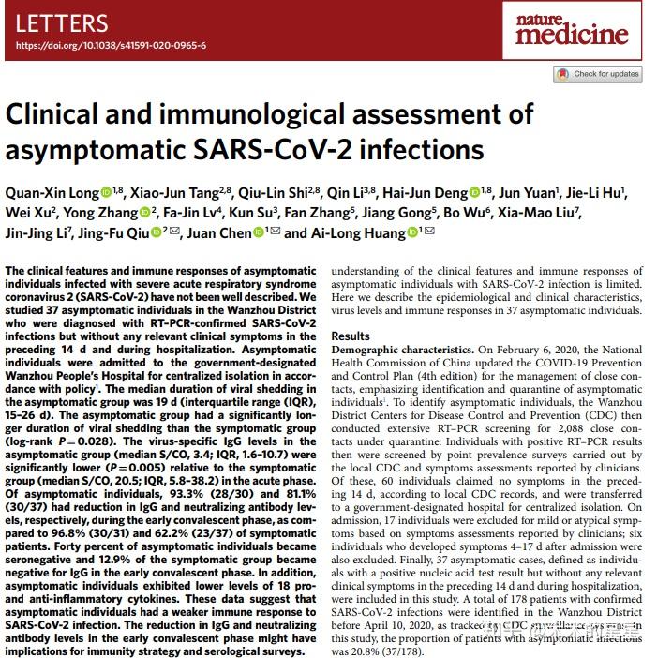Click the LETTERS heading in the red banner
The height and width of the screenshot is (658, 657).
62,23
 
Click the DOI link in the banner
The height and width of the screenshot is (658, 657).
112,45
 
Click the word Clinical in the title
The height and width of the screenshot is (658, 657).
55,114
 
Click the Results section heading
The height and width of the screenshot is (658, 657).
351,336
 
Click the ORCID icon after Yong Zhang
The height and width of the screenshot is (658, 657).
143,214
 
